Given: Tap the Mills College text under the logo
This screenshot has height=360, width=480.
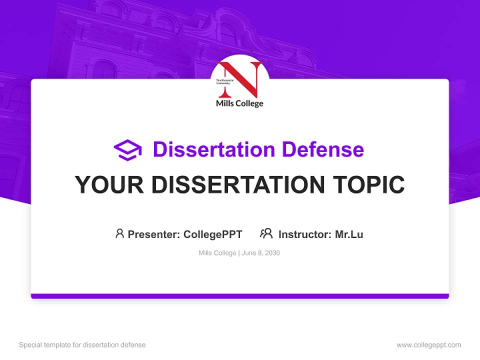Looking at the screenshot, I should click(239, 103).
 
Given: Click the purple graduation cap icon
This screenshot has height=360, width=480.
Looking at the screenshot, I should click(127, 150).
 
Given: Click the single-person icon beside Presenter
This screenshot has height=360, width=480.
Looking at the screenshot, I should click(119, 233).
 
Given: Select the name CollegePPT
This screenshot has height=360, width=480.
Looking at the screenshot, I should click(213, 234).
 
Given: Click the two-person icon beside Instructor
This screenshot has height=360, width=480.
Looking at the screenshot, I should click(266, 233).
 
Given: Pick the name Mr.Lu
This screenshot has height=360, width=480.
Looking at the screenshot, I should click(349, 234).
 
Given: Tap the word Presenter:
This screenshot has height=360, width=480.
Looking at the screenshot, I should click(154, 234).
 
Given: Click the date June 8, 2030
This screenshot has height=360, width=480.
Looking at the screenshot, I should click(260, 253).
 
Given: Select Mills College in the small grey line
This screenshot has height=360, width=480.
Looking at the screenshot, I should click(217, 253).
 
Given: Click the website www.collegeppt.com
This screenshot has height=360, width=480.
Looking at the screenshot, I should click(428, 345).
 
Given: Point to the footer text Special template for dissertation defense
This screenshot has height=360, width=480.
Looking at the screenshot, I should click(82, 345).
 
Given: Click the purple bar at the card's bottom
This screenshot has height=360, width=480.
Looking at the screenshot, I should click(240, 296).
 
